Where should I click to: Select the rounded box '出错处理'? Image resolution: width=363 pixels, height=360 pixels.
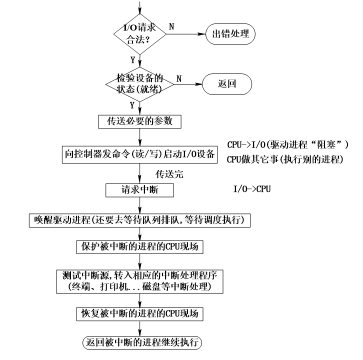tap(230, 34)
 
